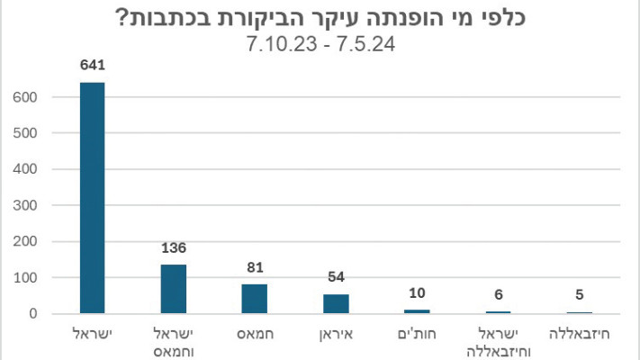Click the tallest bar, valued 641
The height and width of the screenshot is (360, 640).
tap(92, 198)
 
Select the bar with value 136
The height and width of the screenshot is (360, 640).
tap(174, 289)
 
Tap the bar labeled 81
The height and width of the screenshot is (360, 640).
tap(255, 299)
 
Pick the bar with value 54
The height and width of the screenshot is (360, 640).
tap(336, 304)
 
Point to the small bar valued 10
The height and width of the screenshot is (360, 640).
tap(417, 311)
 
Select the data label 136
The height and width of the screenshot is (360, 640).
tap(174, 247)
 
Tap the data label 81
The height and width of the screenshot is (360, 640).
tap(255, 267)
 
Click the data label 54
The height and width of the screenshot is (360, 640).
tap(336, 277)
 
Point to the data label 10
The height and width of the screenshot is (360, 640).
tap(417, 293)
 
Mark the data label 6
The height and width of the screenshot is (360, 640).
tap(498, 294)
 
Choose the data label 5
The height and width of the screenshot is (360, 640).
tap(579, 294)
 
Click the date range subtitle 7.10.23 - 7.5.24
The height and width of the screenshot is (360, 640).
tap(320, 42)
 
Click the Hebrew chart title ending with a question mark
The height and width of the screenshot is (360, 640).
tap(320, 17)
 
